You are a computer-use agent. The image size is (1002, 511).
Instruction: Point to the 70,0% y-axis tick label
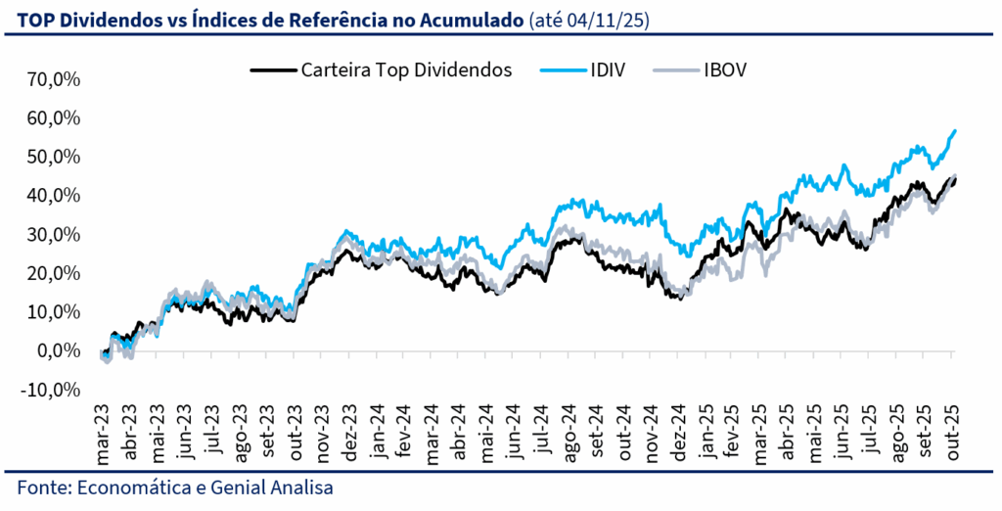pyautogui.click(x=55, y=79)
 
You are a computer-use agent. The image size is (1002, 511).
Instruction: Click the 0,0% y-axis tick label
pyautogui.click(x=60, y=350)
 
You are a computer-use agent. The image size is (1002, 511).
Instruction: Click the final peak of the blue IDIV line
pyautogui.click(x=954, y=131)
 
